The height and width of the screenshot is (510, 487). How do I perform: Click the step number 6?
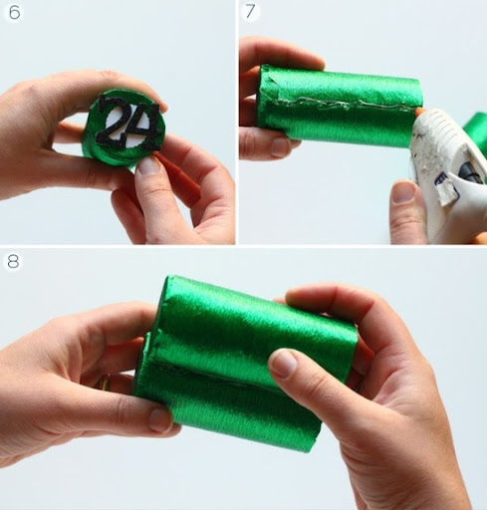14,13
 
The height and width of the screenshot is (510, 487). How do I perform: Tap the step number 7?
250,12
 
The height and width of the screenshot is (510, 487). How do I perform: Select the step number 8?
13,262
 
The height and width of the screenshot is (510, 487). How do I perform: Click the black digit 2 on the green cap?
113,121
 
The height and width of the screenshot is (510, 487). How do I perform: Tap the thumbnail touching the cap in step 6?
148,165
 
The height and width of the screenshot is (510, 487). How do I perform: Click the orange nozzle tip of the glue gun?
419,111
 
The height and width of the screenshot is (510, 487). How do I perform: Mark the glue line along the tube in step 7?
342,104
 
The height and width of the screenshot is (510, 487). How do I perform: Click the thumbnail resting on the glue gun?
402,192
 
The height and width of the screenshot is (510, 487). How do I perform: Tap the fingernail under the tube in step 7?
281,147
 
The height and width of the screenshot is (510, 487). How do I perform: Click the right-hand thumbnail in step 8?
284,364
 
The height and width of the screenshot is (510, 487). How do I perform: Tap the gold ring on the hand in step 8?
105,382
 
